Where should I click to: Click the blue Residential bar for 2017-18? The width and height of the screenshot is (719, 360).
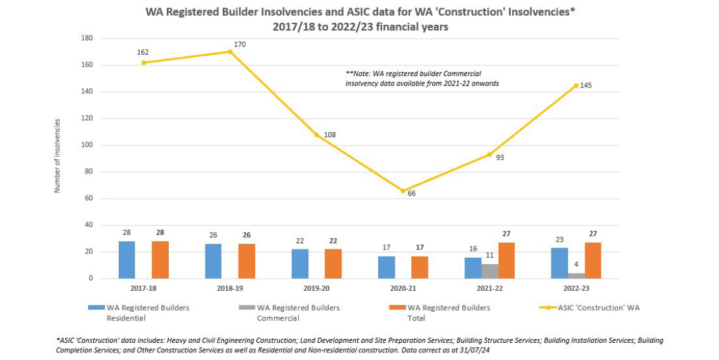tap(126, 260)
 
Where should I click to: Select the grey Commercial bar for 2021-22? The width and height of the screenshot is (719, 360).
tap(490, 271)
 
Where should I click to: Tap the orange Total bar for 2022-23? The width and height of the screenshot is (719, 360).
tap(593, 260)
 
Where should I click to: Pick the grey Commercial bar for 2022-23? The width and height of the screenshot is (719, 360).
tap(576, 276)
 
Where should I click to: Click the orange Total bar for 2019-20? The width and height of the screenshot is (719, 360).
tap(333, 263)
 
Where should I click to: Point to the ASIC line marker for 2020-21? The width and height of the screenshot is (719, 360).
tap(403, 190)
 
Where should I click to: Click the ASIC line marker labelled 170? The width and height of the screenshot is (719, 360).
tap(230, 51)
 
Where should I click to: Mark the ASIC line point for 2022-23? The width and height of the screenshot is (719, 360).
tap(576, 85)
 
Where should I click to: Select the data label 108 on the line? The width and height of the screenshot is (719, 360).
tap(329, 135)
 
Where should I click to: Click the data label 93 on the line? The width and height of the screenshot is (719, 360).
tap(500, 157)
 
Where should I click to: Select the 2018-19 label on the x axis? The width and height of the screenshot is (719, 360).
tap(230, 288)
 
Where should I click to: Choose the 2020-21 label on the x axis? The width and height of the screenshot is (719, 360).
tap(403, 288)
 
